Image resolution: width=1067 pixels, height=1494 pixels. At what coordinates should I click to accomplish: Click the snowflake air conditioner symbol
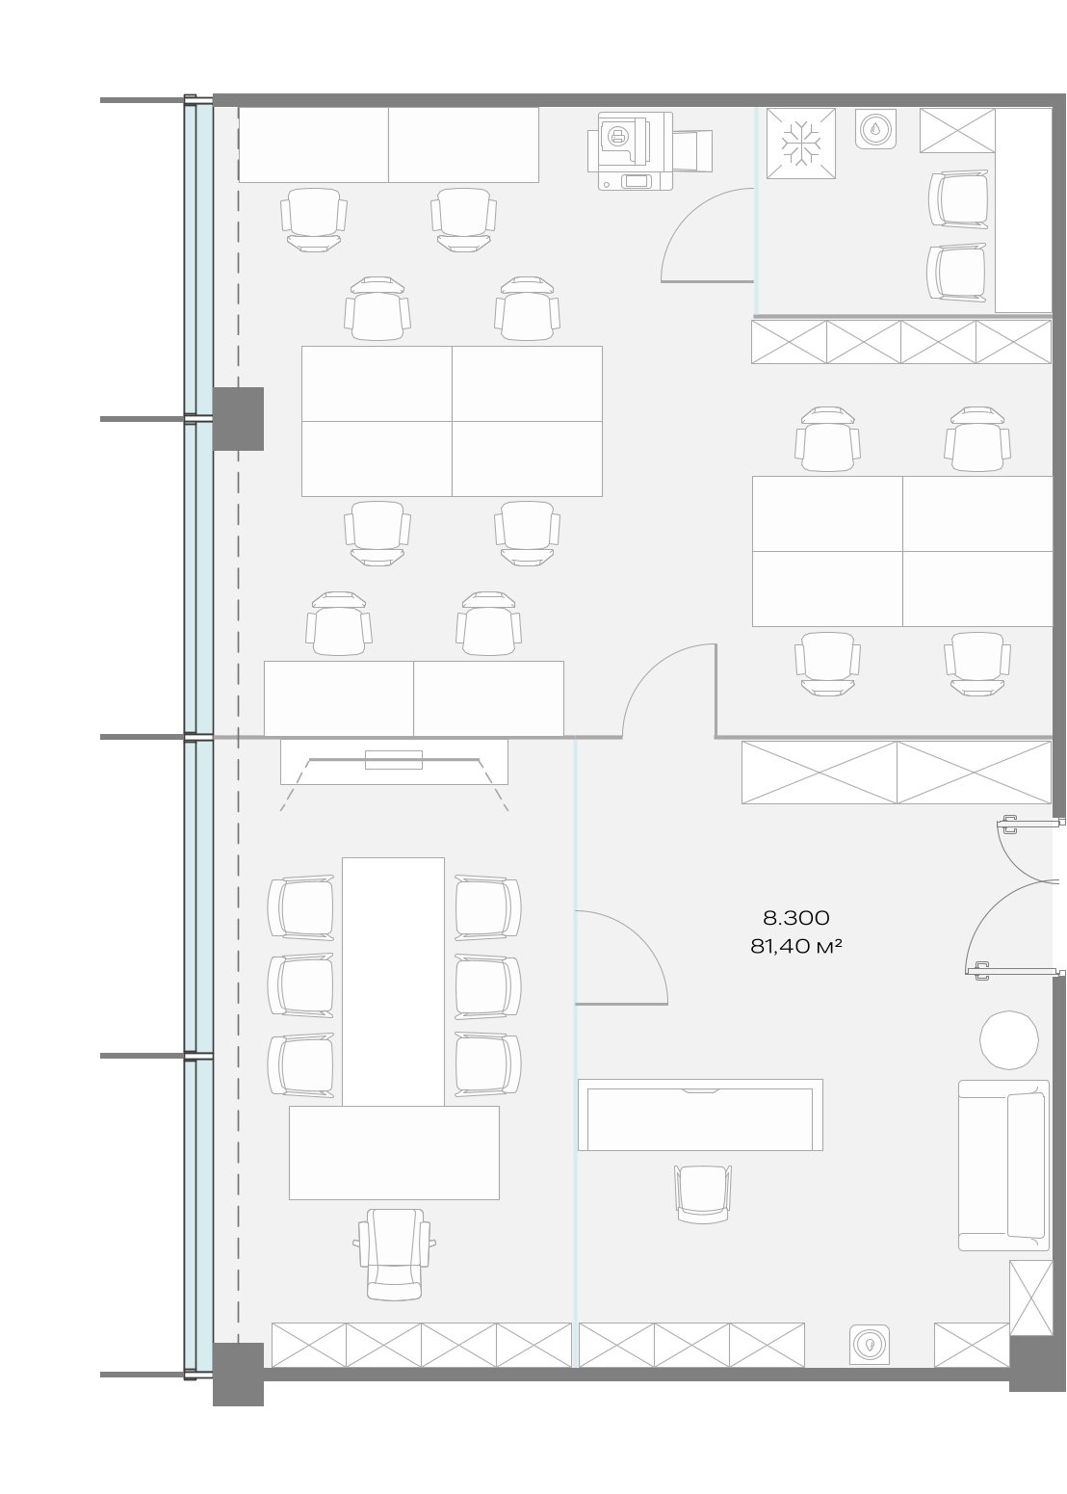click(x=800, y=144)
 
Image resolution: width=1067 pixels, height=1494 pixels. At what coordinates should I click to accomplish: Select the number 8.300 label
click(x=795, y=918)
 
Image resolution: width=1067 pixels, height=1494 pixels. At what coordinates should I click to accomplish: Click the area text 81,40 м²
click(x=795, y=946)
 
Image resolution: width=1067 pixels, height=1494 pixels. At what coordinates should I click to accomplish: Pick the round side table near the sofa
click(x=1008, y=1039)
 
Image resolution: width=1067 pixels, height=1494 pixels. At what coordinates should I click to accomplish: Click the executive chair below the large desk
click(x=394, y=1254)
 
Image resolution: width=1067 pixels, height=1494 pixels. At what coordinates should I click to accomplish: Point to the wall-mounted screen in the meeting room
click(x=394, y=760)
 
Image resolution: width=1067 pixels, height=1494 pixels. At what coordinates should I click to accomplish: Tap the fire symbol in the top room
click(x=875, y=129)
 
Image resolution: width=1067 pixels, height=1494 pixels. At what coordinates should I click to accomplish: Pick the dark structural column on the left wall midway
click(x=238, y=418)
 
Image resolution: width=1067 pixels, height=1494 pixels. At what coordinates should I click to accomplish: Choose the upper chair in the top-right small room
click(x=959, y=198)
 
